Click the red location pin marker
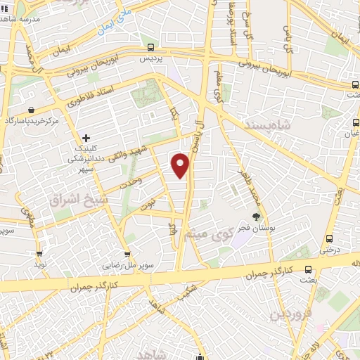pyautogui.click(x=181, y=165)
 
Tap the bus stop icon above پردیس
pyautogui.click(x=151, y=47)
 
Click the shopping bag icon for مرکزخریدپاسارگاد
pyautogui.click(x=33, y=110)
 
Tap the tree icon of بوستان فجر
pyautogui.click(x=257, y=217)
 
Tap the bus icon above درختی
pyautogui.click(x=328, y=239)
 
